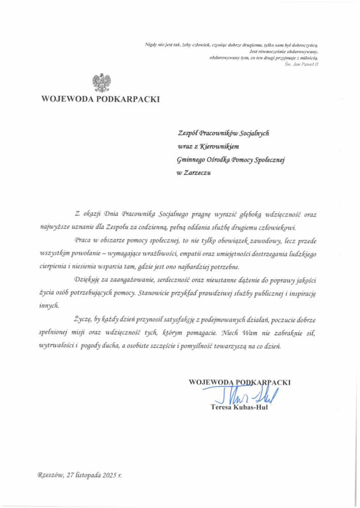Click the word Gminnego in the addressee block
tap(191, 160)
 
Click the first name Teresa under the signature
tap(221, 406)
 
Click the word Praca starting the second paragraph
tap(83, 239)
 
